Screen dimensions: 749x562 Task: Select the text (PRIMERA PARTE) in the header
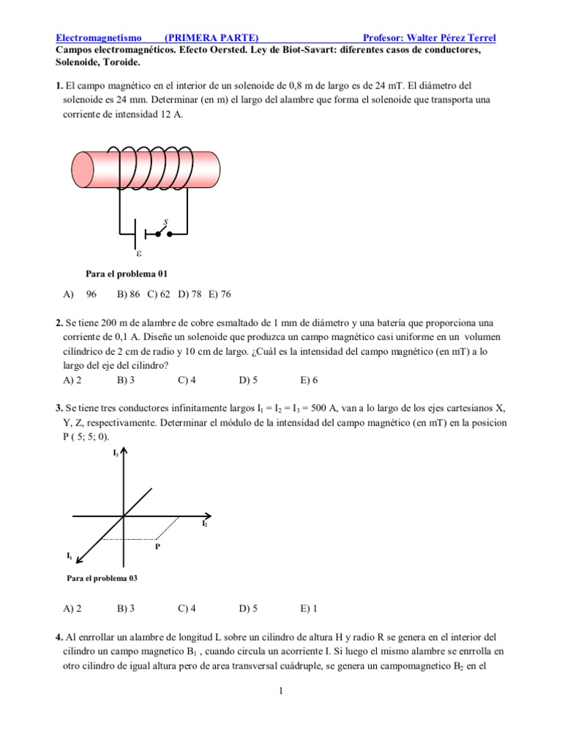[x=211, y=37]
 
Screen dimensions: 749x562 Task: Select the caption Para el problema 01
[x=127, y=274]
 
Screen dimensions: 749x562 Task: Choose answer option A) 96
[x=80, y=294]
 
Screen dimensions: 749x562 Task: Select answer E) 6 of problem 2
[x=309, y=380]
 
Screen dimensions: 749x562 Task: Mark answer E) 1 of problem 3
[x=309, y=608]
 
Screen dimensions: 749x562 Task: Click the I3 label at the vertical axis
[x=116, y=453]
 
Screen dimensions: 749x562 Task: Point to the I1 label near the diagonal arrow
[x=70, y=557]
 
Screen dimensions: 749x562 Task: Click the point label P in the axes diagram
[x=157, y=546]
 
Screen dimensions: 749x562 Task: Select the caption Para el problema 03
[x=102, y=578]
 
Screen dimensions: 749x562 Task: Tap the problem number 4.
[x=59, y=636]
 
